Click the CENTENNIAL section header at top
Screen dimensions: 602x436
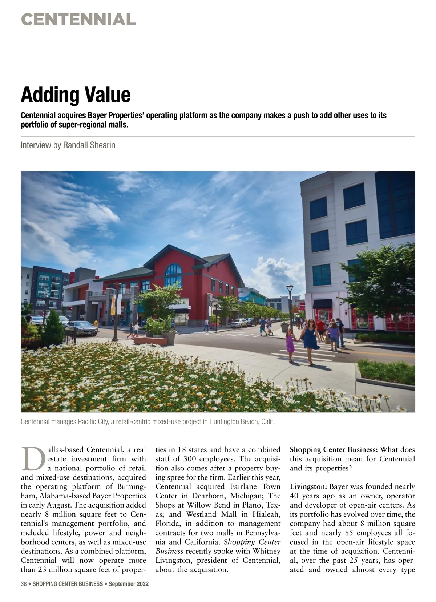tap(78, 19)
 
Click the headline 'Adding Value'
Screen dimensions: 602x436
tap(76, 94)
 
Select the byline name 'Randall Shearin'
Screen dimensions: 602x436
tap(89, 145)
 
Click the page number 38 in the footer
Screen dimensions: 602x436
tap(24, 584)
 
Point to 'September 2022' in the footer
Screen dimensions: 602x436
tap(129, 584)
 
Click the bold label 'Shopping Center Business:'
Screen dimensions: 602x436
tap(334, 449)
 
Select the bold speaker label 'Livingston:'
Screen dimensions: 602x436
tap(309, 486)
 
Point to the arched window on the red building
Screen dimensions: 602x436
tap(174, 275)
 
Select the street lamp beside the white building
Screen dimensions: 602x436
tap(290, 305)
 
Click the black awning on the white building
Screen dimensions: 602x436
tap(322, 304)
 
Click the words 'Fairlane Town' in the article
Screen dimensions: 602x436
tap(255, 486)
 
